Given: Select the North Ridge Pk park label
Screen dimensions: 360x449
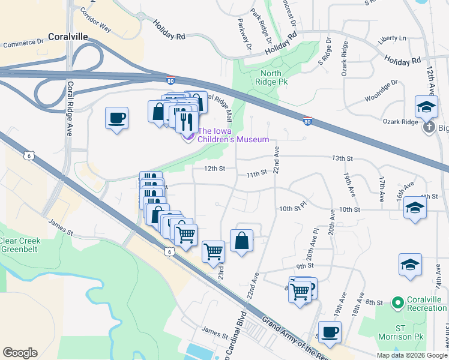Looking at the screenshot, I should pos(271,77).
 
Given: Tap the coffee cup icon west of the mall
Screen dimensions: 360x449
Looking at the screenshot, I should pos(116,118).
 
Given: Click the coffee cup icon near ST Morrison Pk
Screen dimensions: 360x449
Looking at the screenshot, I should pos(329,331).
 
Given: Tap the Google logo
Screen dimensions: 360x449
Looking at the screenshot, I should pos(20,352).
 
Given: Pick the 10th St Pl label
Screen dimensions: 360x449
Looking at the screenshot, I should pos(292,208).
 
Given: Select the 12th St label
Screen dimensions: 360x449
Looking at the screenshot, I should pos(214,169).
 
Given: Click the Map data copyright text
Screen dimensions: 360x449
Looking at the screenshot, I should pos(412,355).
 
